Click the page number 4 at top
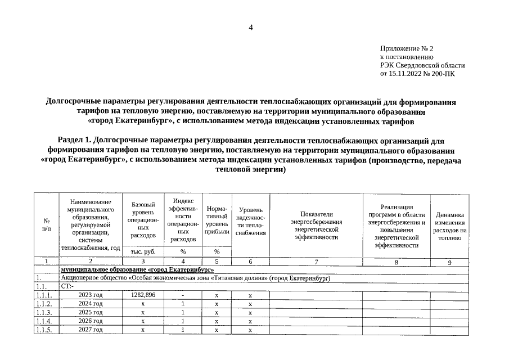[x=251, y=28]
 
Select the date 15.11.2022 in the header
[x=407, y=73]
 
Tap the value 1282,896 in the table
[x=143, y=295]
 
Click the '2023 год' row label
[x=91, y=295]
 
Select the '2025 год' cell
[x=91, y=312]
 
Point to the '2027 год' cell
[x=91, y=330]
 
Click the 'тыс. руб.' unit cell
[x=143, y=252]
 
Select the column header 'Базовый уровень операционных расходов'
[x=143, y=219]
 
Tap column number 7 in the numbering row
[x=317, y=262]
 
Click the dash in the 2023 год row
[x=183, y=295]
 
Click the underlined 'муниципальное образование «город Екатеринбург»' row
[x=133, y=270]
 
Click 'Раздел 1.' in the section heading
[x=74, y=138]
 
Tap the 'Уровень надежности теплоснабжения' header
[x=250, y=222]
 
